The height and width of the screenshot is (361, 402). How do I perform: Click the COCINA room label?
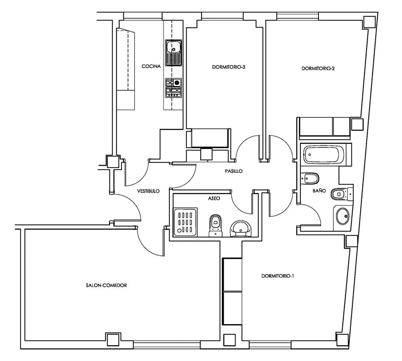coord(151,66)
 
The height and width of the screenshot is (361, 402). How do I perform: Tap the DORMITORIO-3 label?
coord(228,67)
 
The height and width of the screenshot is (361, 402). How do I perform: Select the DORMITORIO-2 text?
coord(318,69)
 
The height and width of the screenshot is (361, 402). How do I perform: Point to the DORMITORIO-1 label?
coord(278,276)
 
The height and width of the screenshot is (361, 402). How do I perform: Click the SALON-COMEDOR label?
coord(106,285)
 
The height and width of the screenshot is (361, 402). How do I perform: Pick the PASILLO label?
coord(234,171)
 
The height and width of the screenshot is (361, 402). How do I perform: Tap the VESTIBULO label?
coord(148,191)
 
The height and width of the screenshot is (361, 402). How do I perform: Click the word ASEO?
coord(214,198)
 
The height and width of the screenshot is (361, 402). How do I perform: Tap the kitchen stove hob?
coord(173,88)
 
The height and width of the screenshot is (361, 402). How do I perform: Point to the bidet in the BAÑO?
coord(310,178)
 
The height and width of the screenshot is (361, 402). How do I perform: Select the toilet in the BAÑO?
coord(342,194)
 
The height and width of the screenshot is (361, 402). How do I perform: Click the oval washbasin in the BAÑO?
coord(343,216)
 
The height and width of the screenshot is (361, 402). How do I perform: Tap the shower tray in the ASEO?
coord(185,223)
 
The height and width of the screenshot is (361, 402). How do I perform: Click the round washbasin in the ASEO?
coord(241,229)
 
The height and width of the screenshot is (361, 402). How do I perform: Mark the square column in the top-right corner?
coord(369,22)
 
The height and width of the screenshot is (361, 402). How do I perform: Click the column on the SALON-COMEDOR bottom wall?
coord(114,339)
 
